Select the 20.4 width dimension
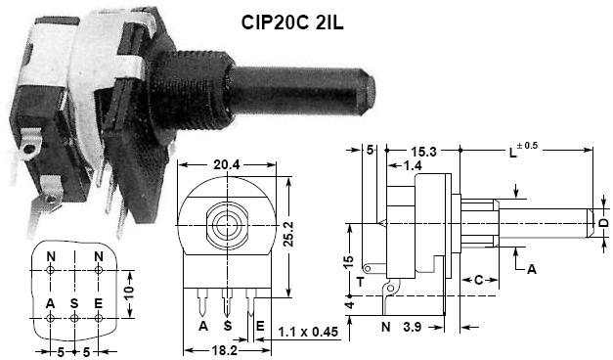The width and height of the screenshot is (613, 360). point(229,164)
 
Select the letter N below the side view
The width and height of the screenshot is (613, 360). point(385,325)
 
